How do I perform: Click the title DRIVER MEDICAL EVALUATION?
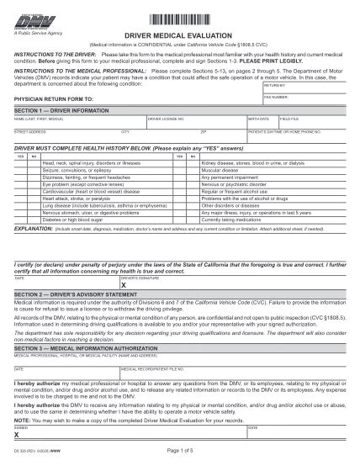click(x=180, y=35)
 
